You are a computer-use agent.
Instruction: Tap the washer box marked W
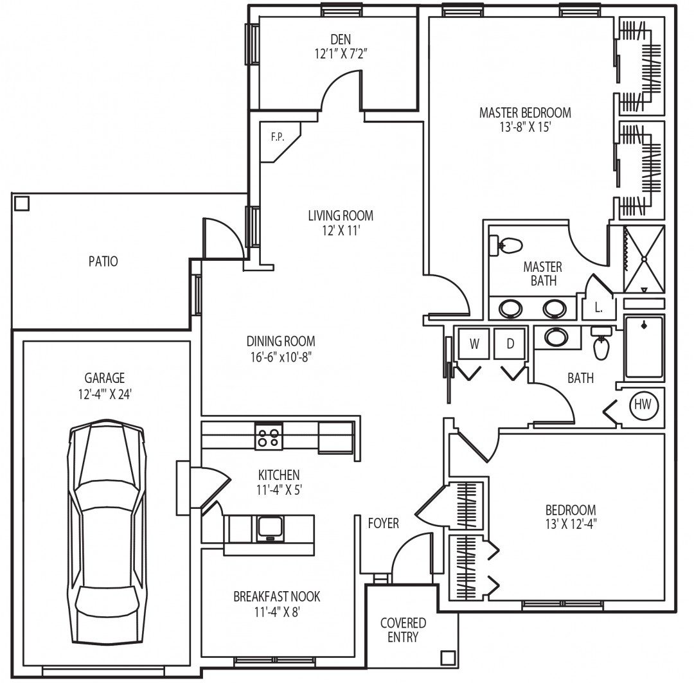[474, 344]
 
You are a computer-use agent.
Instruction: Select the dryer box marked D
[510, 344]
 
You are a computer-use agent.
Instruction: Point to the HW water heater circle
[643, 404]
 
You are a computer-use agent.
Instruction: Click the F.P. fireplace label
[278, 137]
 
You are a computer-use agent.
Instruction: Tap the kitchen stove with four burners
[269, 436]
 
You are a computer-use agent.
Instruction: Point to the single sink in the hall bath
[556, 337]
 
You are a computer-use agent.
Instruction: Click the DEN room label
[341, 39]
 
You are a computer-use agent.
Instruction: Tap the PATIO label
[103, 261]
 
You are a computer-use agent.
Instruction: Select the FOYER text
[383, 523]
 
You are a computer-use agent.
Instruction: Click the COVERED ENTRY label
[403, 630]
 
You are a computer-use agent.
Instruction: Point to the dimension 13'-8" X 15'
[526, 127]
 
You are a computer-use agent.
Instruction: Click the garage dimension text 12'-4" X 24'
[105, 394]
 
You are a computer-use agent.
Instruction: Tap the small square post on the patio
[22, 204]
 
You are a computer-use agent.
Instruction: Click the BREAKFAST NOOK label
[276, 596]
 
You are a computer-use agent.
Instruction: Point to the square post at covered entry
[448, 657]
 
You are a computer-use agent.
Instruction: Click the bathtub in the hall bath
[644, 347]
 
